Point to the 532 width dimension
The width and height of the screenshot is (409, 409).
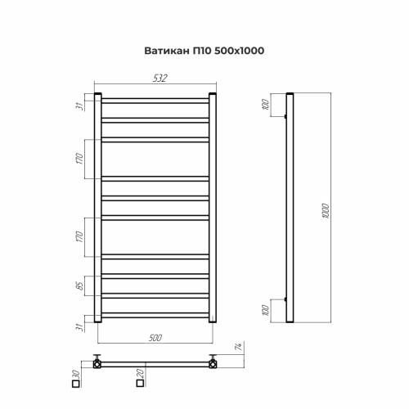[160, 78]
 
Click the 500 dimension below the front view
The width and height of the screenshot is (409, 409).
[156, 336]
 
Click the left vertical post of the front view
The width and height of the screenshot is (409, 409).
[98, 209]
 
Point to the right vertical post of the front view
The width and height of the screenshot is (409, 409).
[215, 209]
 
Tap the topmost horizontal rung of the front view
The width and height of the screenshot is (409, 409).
[156, 101]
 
